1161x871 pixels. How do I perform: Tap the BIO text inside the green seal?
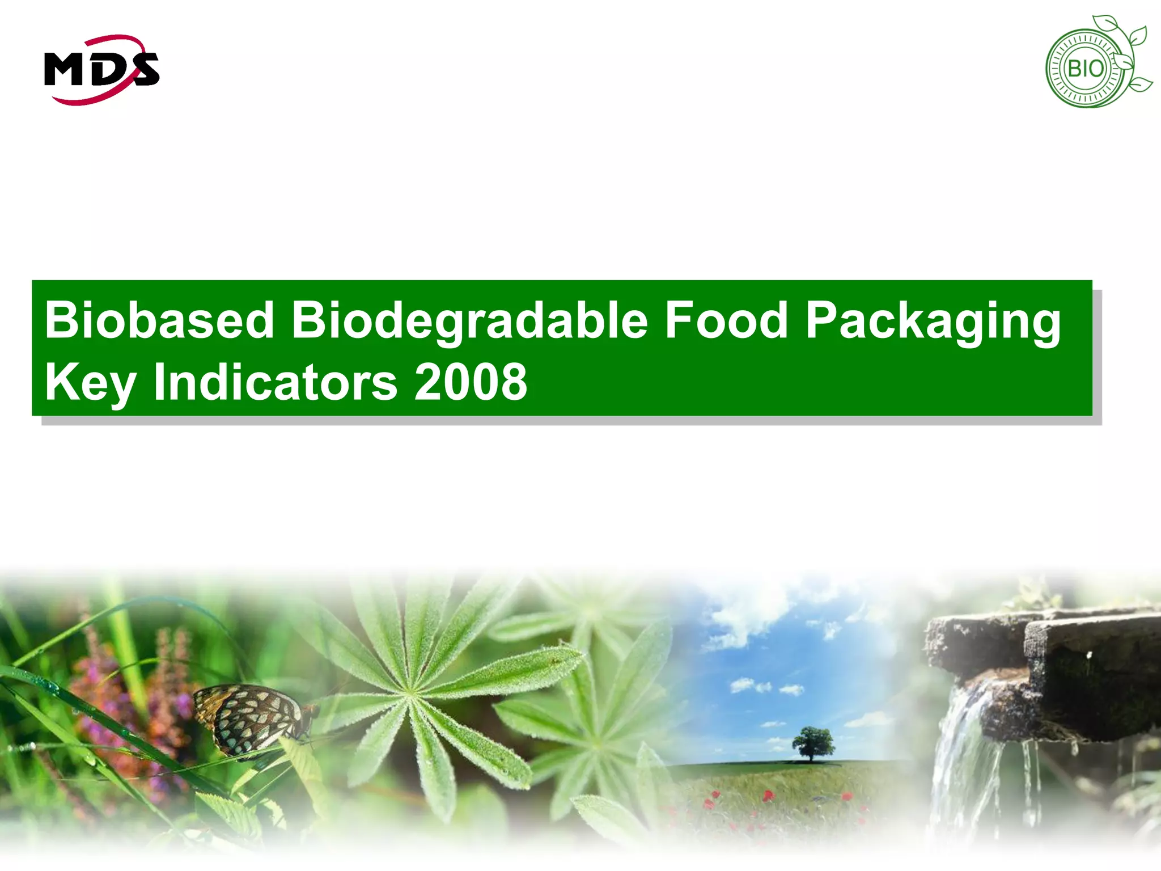pos(1085,69)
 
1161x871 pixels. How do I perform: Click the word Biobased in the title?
pos(159,320)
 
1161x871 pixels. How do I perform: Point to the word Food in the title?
pos(726,320)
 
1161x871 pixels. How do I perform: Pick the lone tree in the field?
pos(813,743)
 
